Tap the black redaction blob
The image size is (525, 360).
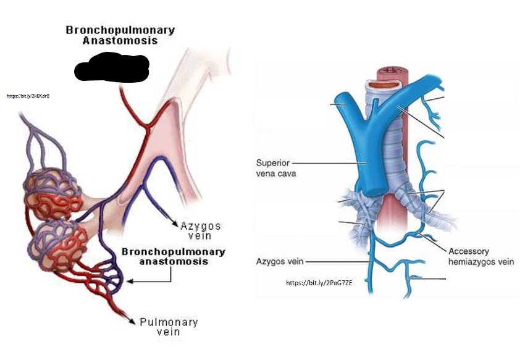(x=112, y=67)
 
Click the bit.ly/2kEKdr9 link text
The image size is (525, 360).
(x=28, y=96)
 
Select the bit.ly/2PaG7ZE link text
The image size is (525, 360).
(x=319, y=283)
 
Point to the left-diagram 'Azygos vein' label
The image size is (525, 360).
(x=200, y=231)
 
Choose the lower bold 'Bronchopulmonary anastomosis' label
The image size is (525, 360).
(x=173, y=256)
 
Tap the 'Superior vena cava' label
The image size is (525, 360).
(x=276, y=168)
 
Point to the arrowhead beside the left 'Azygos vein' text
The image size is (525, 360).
(x=175, y=224)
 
